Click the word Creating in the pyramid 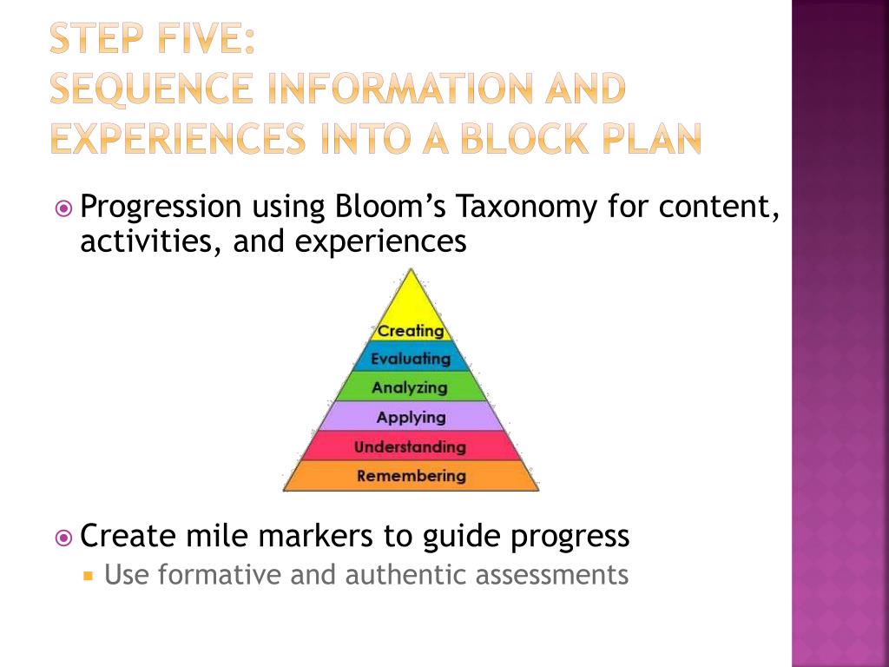pos(411,331)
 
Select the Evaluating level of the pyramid pos(411,359)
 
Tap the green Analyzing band pos(410,387)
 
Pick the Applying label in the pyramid pos(411,417)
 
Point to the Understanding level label pos(410,447)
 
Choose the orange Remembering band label pos(411,476)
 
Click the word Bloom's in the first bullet pos(389,208)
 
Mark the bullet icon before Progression pos(63,208)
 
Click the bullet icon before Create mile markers pos(63,538)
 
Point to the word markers pos(313,537)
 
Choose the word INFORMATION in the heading pos(386,89)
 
